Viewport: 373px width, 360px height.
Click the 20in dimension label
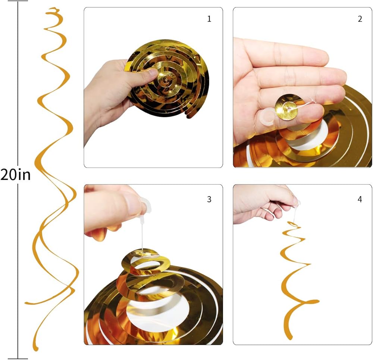click(x=15, y=175)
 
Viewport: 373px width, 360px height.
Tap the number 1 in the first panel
click(x=209, y=19)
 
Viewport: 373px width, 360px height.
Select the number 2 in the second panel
click(x=360, y=19)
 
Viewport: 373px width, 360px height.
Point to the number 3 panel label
click(x=209, y=199)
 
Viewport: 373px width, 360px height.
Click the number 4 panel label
click(x=360, y=199)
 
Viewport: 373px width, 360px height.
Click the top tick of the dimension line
click(x=18, y=1)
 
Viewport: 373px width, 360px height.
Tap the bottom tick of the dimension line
click(x=18, y=359)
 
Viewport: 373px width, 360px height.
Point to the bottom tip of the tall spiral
click(x=36, y=349)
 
